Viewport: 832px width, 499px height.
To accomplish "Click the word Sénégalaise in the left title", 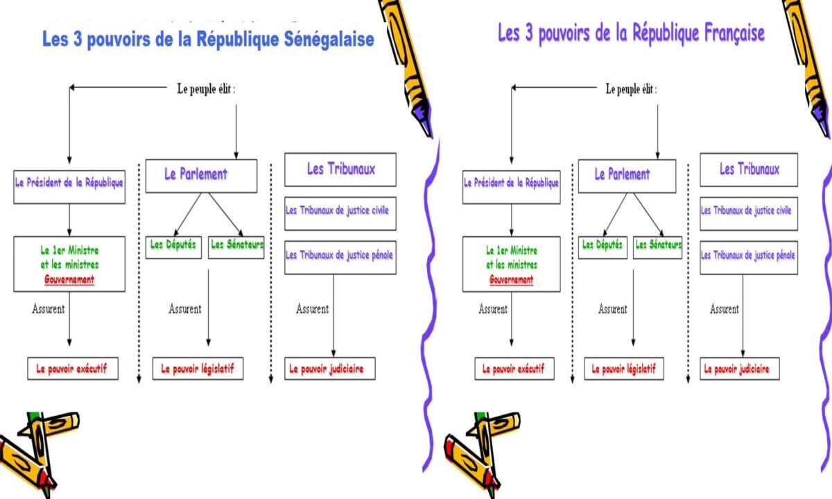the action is (329, 40).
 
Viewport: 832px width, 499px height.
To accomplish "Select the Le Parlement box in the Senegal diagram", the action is (201, 176).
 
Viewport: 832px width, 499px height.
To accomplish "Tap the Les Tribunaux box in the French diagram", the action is (749, 170).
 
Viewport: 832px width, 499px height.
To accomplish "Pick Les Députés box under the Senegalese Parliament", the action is (173, 247).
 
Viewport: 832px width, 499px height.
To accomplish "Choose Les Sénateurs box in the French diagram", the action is (657, 247).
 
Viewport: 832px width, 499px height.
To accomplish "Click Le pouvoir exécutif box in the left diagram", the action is (73, 369).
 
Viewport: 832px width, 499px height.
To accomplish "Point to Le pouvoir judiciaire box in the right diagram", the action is (740, 369).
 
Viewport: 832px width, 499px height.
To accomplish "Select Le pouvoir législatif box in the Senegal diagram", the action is (198, 369).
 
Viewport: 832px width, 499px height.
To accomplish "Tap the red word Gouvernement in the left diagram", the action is (69, 279).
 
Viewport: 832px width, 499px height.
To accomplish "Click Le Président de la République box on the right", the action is (512, 187).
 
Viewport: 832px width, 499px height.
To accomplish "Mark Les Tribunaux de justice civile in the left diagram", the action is (340, 213).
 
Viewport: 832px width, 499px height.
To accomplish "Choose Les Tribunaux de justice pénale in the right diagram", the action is (749, 258).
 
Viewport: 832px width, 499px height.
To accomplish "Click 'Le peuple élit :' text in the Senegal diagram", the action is (206, 89).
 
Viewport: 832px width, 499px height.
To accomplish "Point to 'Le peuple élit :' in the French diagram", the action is (631, 89).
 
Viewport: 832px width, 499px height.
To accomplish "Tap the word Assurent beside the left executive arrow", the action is (49, 309).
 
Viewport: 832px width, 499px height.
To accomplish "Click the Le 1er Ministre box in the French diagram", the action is (512, 264).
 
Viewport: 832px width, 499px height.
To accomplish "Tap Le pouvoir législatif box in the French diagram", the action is (624, 369).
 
